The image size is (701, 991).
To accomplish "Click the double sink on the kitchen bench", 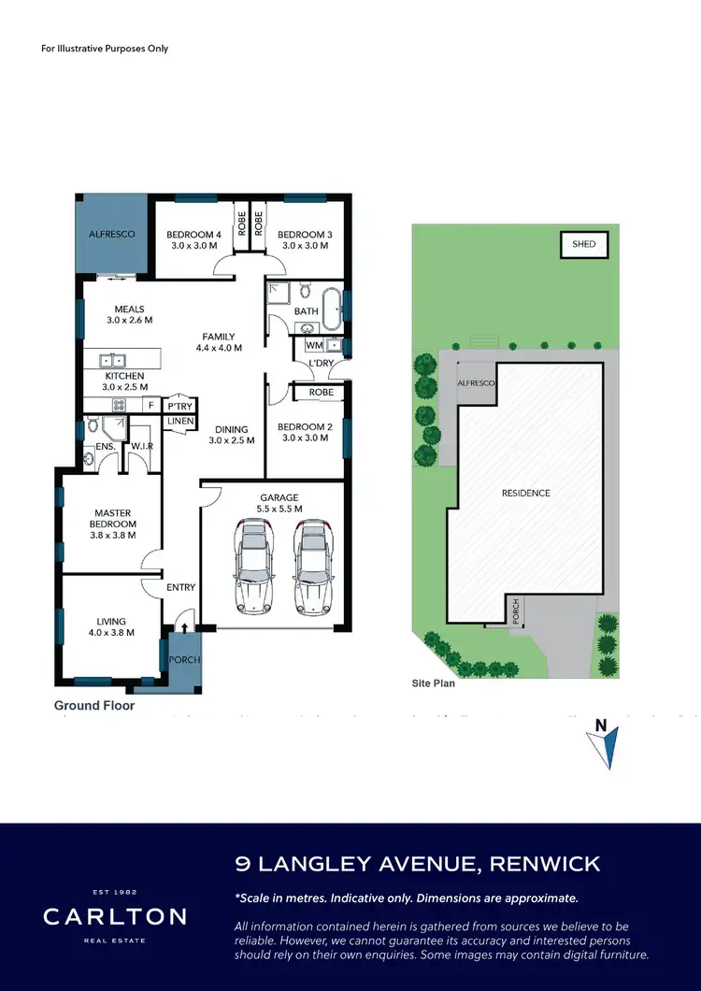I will (114, 359).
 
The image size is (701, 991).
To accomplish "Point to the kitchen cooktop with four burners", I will (120, 406).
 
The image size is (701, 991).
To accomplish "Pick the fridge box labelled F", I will (150, 406).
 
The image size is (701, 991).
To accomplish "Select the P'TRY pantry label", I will (179, 407).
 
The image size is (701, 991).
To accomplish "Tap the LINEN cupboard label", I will (179, 422).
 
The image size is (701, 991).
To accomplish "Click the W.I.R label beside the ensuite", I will (142, 447).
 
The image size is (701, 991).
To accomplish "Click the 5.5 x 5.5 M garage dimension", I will (279, 509).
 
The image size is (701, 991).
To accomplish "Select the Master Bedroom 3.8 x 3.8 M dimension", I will (111, 537).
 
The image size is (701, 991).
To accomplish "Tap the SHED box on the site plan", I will (583, 245).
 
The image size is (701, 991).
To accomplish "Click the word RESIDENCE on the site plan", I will (525, 493).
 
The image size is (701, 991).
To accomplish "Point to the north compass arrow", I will (606, 745).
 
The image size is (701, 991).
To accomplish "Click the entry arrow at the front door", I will (183, 628).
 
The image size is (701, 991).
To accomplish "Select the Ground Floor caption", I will (93, 706).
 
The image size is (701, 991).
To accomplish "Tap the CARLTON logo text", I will (114, 916).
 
